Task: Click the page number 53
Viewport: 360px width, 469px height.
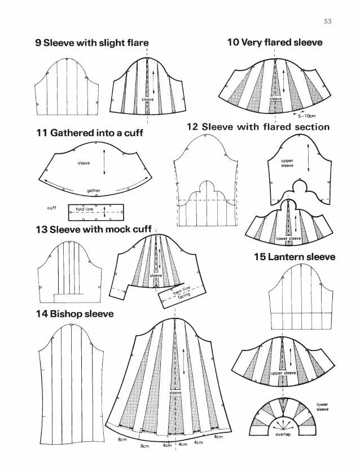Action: click(327, 22)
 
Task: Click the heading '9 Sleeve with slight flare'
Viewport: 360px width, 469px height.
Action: click(92, 43)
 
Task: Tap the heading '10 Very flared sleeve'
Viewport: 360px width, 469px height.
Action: click(275, 42)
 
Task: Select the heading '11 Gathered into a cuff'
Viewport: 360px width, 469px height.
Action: click(90, 133)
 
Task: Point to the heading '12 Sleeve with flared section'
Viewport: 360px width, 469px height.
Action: click(258, 127)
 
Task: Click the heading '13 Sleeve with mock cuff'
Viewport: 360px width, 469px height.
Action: click(93, 230)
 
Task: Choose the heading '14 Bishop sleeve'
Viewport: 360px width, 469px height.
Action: click(74, 314)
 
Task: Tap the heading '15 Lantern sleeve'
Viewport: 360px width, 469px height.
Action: click(294, 257)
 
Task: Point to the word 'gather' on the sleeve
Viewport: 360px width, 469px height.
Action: click(94, 191)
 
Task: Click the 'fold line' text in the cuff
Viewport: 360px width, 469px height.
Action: click(84, 209)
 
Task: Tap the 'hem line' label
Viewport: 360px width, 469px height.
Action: click(182, 292)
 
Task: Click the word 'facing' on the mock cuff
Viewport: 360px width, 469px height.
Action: click(185, 299)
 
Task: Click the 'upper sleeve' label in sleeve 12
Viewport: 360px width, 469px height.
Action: click(287, 163)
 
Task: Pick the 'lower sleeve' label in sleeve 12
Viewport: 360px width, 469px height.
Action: click(289, 239)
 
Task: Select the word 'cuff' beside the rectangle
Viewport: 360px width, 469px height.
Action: click(52, 208)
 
